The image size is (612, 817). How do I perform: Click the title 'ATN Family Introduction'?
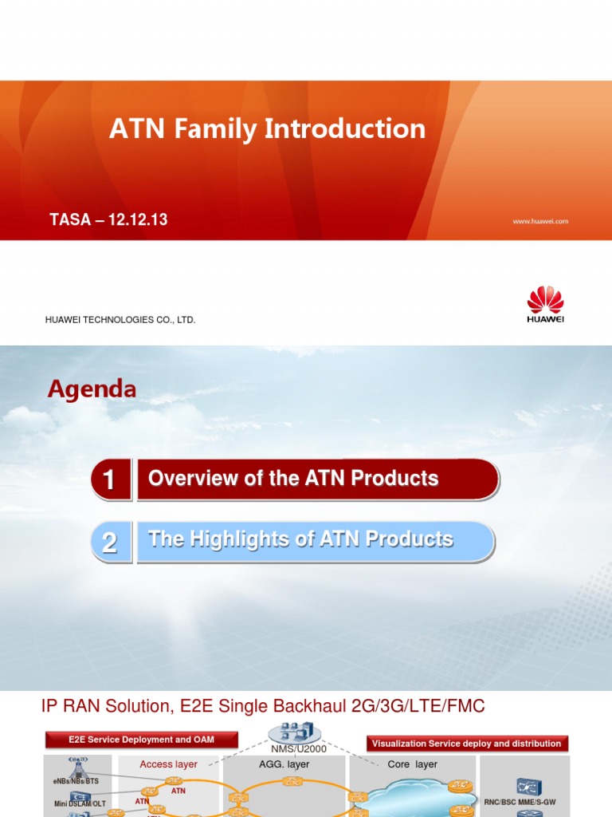click(267, 129)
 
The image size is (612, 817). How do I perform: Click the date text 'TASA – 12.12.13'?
click(108, 219)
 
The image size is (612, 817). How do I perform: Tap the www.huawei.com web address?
click(539, 221)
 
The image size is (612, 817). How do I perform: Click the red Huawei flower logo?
click(545, 300)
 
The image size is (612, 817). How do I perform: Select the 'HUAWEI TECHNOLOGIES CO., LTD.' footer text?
click(120, 320)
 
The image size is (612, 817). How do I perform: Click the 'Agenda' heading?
click(92, 389)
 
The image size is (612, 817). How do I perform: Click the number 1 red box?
click(110, 480)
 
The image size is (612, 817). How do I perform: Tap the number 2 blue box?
click(110, 543)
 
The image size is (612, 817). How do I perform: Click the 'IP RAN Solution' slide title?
click(262, 706)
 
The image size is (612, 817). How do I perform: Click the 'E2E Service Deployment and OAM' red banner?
click(140, 740)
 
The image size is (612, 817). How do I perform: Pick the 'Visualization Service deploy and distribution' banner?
click(466, 744)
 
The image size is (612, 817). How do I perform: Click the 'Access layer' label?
click(168, 764)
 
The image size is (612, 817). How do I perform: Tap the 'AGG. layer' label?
click(284, 764)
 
